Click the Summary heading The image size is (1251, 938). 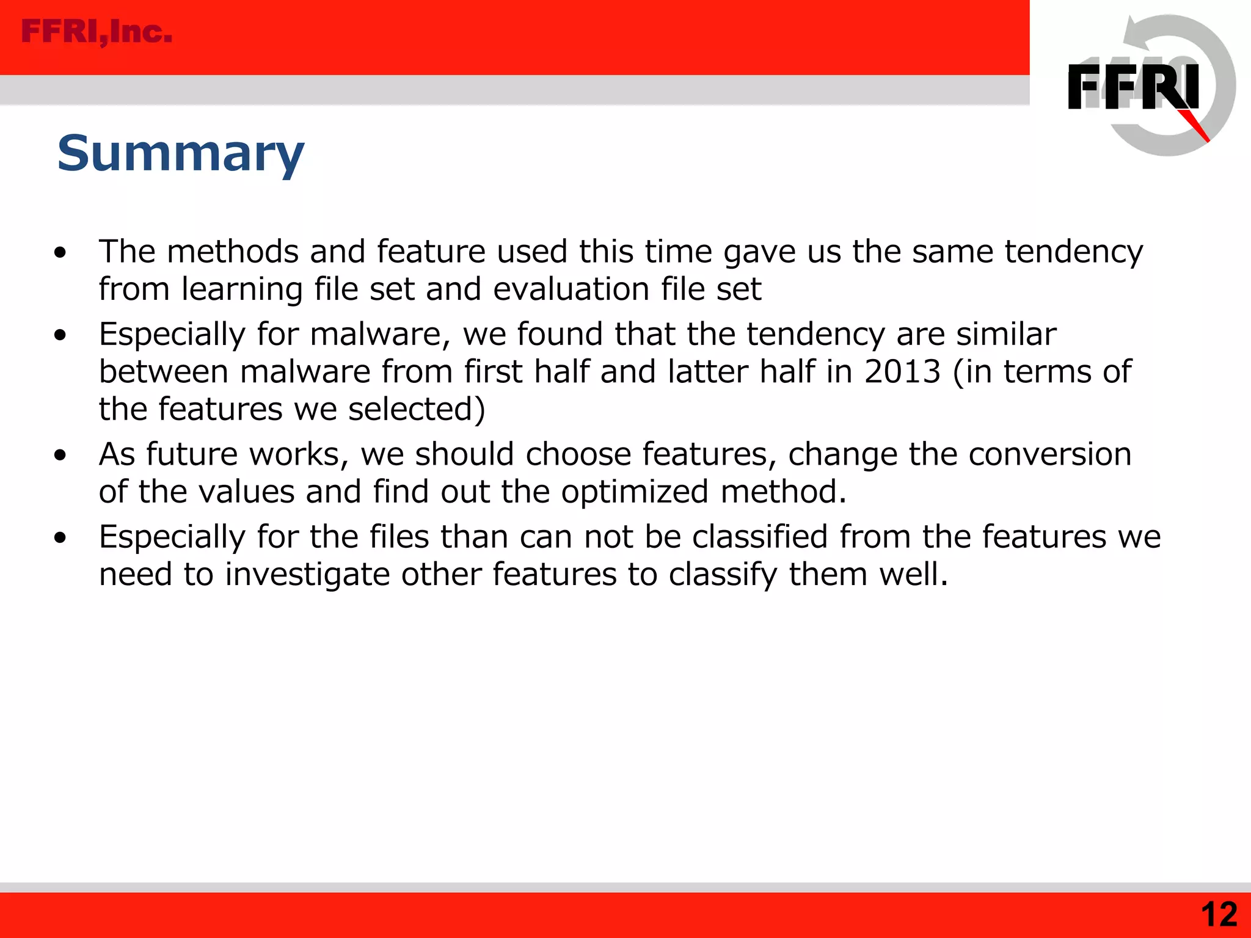pos(181,153)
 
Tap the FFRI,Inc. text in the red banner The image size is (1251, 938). pos(97,32)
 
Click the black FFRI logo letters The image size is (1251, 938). pos(1132,87)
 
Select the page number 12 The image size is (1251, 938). pos(1219,914)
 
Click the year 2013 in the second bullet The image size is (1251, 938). pos(902,371)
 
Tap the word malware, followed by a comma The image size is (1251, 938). pos(380,334)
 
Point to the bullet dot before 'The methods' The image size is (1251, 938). pos(60,252)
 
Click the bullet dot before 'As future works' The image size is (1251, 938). pos(60,455)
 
